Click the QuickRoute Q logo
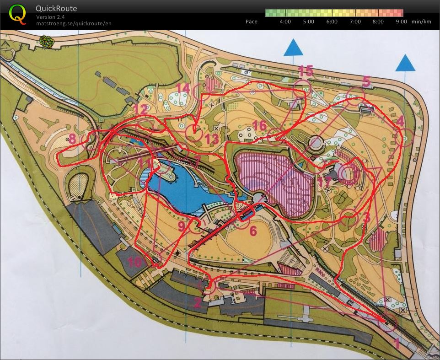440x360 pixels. click(17, 14)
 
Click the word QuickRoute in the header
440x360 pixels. click(56, 8)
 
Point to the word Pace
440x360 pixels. click(251, 21)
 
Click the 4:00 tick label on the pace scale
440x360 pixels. click(285, 21)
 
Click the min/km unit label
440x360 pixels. click(421, 21)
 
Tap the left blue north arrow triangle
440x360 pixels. click(293, 47)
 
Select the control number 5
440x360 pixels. click(366, 81)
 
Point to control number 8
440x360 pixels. click(72, 139)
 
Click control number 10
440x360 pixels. click(134, 262)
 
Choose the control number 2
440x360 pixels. click(197, 302)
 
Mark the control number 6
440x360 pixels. click(253, 231)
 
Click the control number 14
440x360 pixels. click(183, 87)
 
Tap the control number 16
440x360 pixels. click(259, 125)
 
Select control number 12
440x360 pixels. click(140, 109)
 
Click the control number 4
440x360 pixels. click(400, 121)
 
